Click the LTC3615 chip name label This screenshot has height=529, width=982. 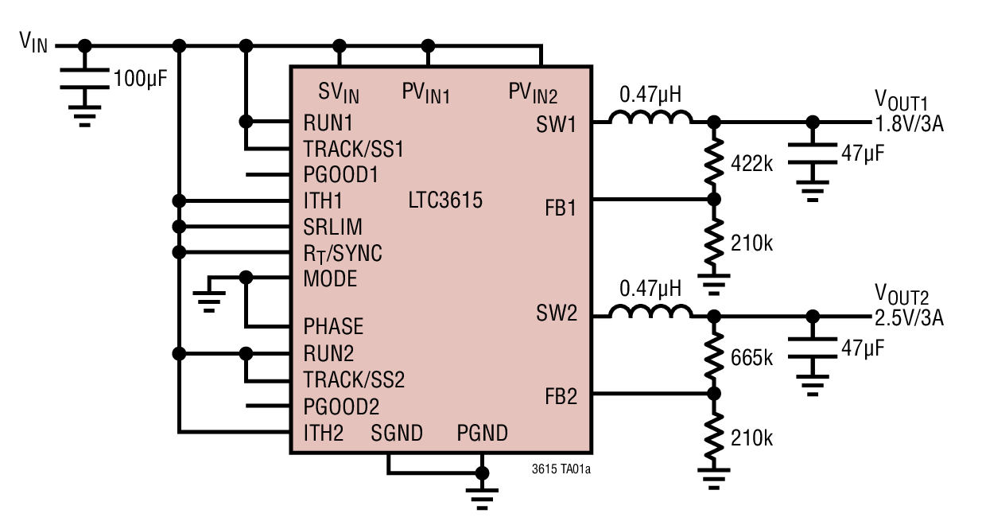pos(445,200)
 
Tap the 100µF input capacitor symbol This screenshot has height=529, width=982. pos(85,79)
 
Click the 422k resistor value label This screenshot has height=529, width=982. pos(751,164)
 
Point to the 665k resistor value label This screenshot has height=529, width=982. pos(751,357)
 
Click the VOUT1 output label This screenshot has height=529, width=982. pos(901,101)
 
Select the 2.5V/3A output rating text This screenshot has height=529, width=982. pos(909,319)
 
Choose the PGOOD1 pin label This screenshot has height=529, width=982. pos(340,174)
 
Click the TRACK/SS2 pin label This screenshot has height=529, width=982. pos(354,379)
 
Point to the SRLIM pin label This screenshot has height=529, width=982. pos(332,227)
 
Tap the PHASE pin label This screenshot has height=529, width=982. pos(333,326)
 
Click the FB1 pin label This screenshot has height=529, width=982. pos(561,208)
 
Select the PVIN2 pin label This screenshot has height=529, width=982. pos(533,93)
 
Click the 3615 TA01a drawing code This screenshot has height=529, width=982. pos(561,469)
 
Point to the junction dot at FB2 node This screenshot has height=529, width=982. pos(713,393)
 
